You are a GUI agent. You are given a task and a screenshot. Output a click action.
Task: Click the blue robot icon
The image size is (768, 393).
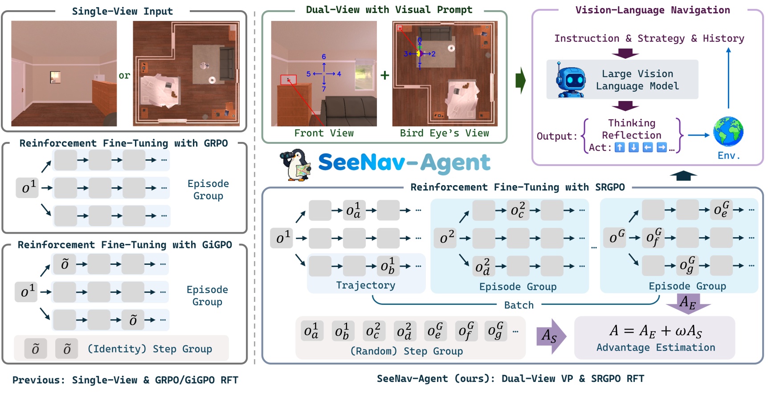(571, 80)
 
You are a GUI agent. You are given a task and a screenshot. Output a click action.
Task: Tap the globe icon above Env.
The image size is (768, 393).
(728, 132)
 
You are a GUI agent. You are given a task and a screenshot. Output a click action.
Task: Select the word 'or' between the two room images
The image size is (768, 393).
(124, 76)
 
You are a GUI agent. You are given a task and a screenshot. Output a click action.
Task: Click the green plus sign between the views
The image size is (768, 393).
(385, 75)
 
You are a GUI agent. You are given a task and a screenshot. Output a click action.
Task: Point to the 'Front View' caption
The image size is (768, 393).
(324, 133)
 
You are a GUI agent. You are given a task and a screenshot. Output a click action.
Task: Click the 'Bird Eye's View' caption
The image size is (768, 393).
(444, 133)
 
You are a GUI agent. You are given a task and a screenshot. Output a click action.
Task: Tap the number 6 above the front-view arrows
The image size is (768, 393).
(324, 57)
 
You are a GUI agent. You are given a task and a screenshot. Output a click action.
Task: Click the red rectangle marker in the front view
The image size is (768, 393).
(288, 80)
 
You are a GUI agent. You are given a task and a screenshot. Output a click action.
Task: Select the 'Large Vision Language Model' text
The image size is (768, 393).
(637, 80)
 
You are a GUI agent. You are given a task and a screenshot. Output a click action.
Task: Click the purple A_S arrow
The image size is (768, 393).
(551, 336)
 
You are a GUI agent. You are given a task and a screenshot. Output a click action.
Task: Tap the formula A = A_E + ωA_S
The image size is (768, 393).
(656, 331)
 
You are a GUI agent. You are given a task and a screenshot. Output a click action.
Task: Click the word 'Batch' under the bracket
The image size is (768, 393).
(519, 305)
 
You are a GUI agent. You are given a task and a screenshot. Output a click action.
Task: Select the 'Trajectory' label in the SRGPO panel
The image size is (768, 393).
(365, 285)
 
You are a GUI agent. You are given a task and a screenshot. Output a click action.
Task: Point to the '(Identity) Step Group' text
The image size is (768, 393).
(150, 349)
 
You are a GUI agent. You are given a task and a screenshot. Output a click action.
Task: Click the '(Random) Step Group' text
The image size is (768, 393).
(406, 351)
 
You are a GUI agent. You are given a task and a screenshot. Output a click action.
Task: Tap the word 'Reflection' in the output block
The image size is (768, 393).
(631, 135)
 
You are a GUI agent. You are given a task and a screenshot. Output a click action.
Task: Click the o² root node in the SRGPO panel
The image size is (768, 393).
(447, 238)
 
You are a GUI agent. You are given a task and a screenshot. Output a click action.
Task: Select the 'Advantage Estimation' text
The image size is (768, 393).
(656, 348)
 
